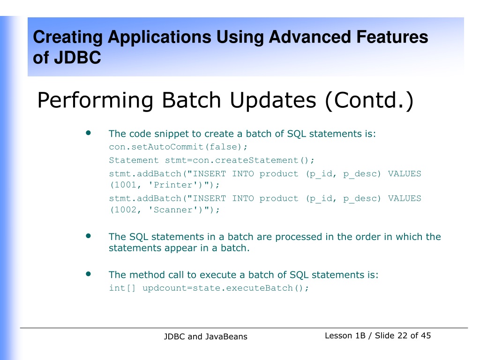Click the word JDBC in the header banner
click(x=77, y=58)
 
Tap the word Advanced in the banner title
click(x=310, y=37)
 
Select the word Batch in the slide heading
click(x=191, y=100)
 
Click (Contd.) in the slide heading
click(x=369, y=100)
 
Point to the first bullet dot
click(x=89, y=133)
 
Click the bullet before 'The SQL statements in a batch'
click(x=89, y=236)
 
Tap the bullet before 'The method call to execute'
click(x=89, y=274)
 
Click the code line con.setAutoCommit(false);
click(x=178, y=147)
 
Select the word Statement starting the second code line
click(x=134, y=160)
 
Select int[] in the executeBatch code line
click(x=122, y=288)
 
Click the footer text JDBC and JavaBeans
click(x=205, y=337)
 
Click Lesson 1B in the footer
click(x=345, y=336)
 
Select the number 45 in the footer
click(x=426, y=336)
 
